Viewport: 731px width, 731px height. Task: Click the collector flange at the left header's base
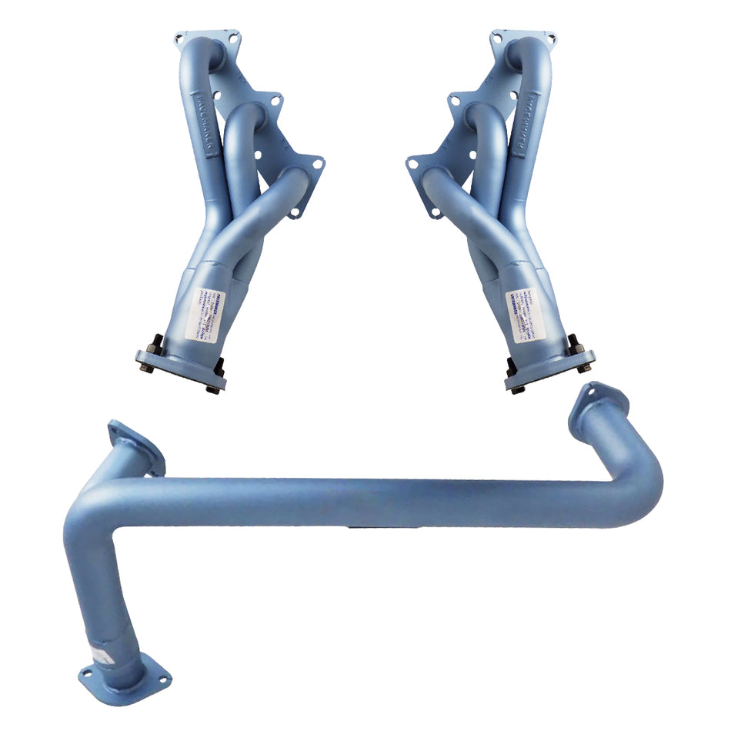tap(180, 369)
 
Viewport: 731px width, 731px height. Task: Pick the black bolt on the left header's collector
tap(154, 342)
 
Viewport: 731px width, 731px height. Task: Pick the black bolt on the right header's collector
tap(576, 343)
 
